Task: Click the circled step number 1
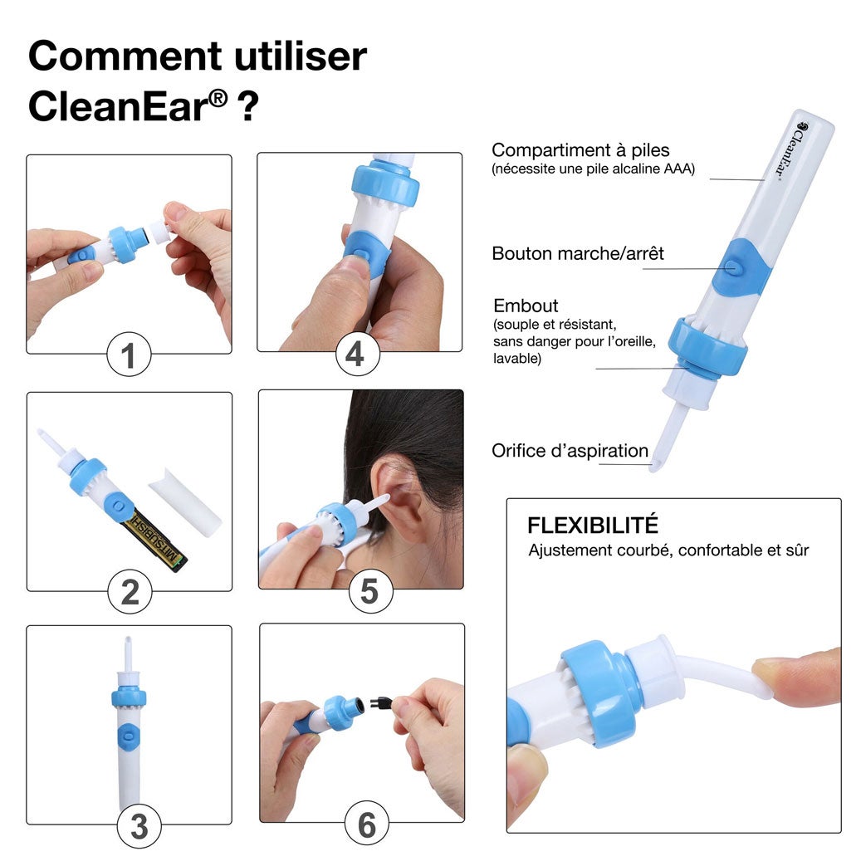click(129, 355)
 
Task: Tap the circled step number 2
click(130, 592)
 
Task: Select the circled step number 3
click(139, 826)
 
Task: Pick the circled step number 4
click(358, 354)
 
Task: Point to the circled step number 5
click(370, 591)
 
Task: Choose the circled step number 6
click(366, 824)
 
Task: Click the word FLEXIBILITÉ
click(593, 525)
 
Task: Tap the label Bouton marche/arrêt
click(578, 253)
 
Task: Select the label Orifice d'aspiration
click(570, 450)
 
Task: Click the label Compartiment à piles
click(580, 150)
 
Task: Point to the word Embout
click(526, 306)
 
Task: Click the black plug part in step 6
click(380, 702)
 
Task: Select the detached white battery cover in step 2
click(185, 501)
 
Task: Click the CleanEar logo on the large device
click(791, 149)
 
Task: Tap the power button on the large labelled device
click(730, 267)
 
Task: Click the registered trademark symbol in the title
click(218, 99)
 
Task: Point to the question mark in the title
click(247, 106)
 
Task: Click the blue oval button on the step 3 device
click(129, 734)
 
